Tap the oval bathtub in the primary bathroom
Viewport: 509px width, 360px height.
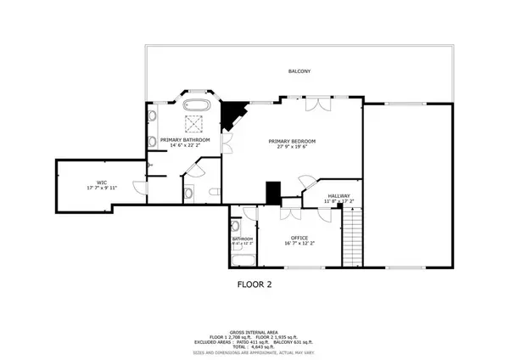[x=198, y=105]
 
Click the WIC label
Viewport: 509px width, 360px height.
[x=101, y=182]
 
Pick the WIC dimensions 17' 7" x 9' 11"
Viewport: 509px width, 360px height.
[x=101, y=188]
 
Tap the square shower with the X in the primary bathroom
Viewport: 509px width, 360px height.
[x=197, y=125]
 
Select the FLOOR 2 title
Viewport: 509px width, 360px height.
[x=254, y=285]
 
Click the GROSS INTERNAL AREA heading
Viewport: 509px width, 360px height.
[x=254, y=332]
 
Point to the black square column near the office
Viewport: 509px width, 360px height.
[x=273, y=193]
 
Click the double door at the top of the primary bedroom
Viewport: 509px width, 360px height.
[x=320, y=104]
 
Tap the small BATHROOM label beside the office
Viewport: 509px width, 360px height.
[x=243, y=239]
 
